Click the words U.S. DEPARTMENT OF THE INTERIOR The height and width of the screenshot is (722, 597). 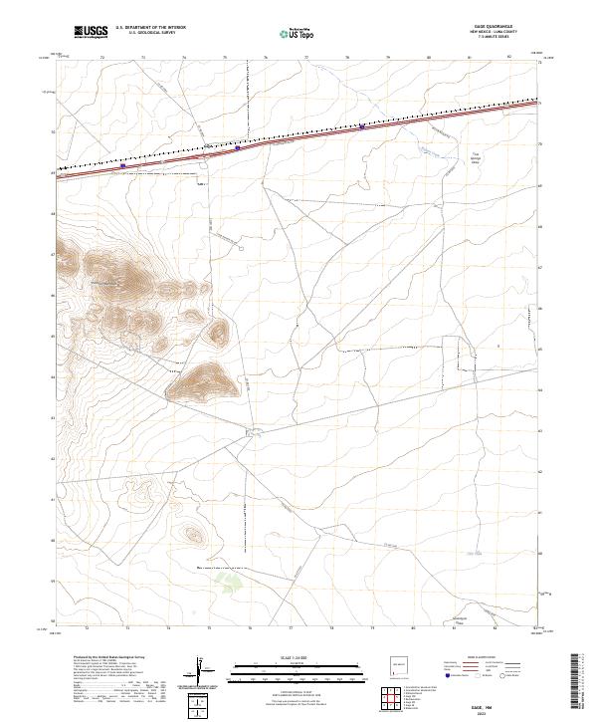pos(150,28)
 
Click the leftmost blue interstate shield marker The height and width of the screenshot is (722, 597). pos(122,165)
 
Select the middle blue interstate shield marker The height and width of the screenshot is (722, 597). pos(238,148)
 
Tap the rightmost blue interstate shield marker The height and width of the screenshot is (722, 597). pos(361,126)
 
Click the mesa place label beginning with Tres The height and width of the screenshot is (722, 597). pos(475,159)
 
